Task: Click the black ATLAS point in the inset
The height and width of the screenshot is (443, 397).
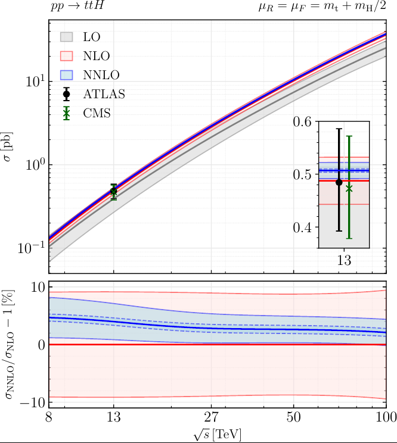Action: [x=339, y=182]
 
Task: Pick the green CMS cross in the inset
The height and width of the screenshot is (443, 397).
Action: [x=349, y=188]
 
